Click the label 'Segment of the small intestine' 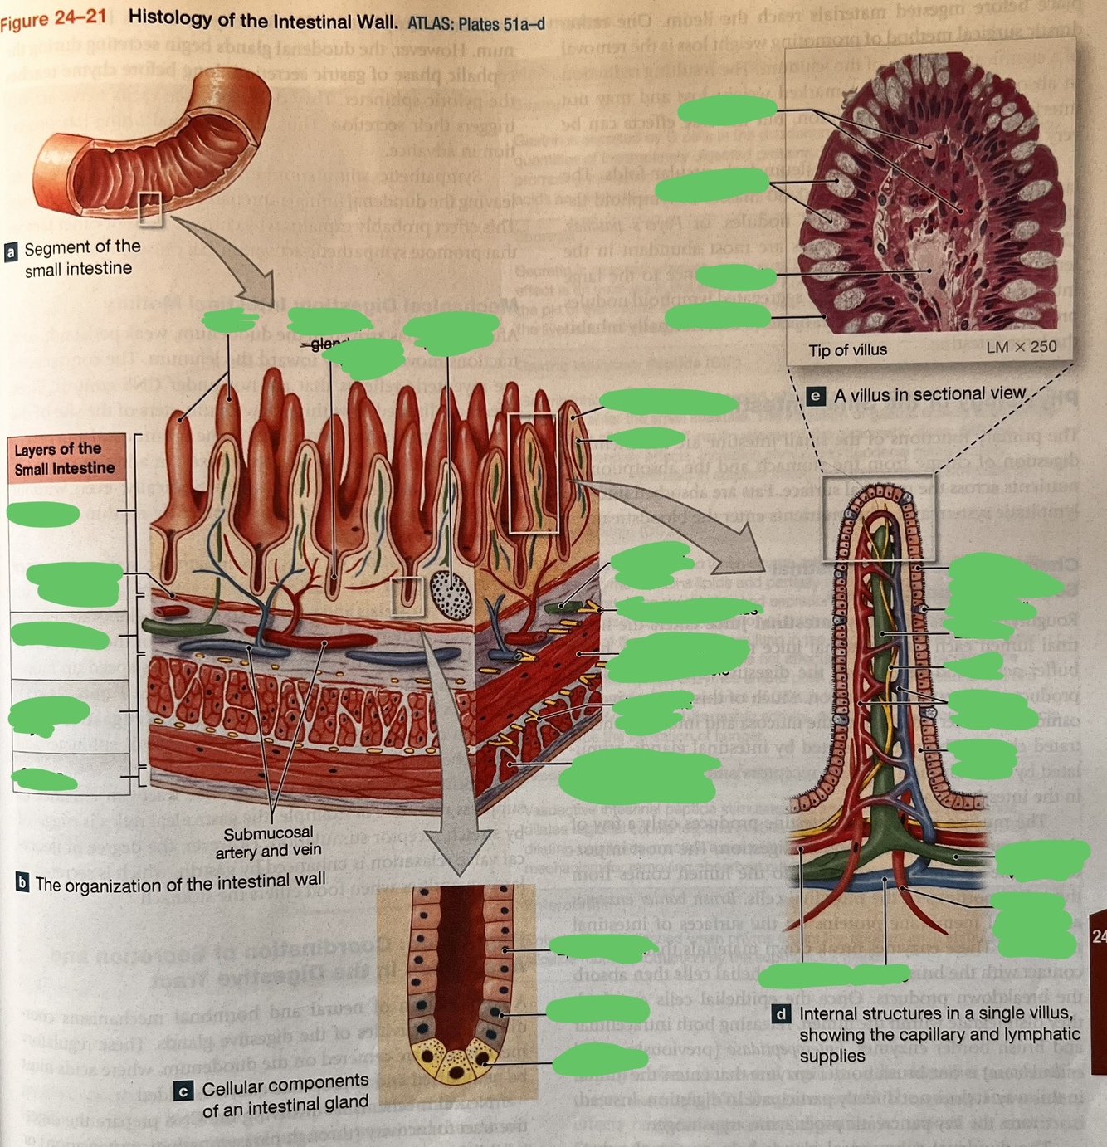point(81,257)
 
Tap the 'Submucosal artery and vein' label point(268,842)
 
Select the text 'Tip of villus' point(847,350)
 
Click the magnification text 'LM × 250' point(1021,347)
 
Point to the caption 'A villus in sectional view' point(929,394)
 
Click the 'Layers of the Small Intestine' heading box point(66,459)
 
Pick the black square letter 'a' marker point(11,251)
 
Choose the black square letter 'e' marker point(816,396)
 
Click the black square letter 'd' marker point(781,1014)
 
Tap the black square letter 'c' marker point(183,1091)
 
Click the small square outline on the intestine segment point(150,207)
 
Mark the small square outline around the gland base point(407,596)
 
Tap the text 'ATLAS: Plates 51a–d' point(475,23)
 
